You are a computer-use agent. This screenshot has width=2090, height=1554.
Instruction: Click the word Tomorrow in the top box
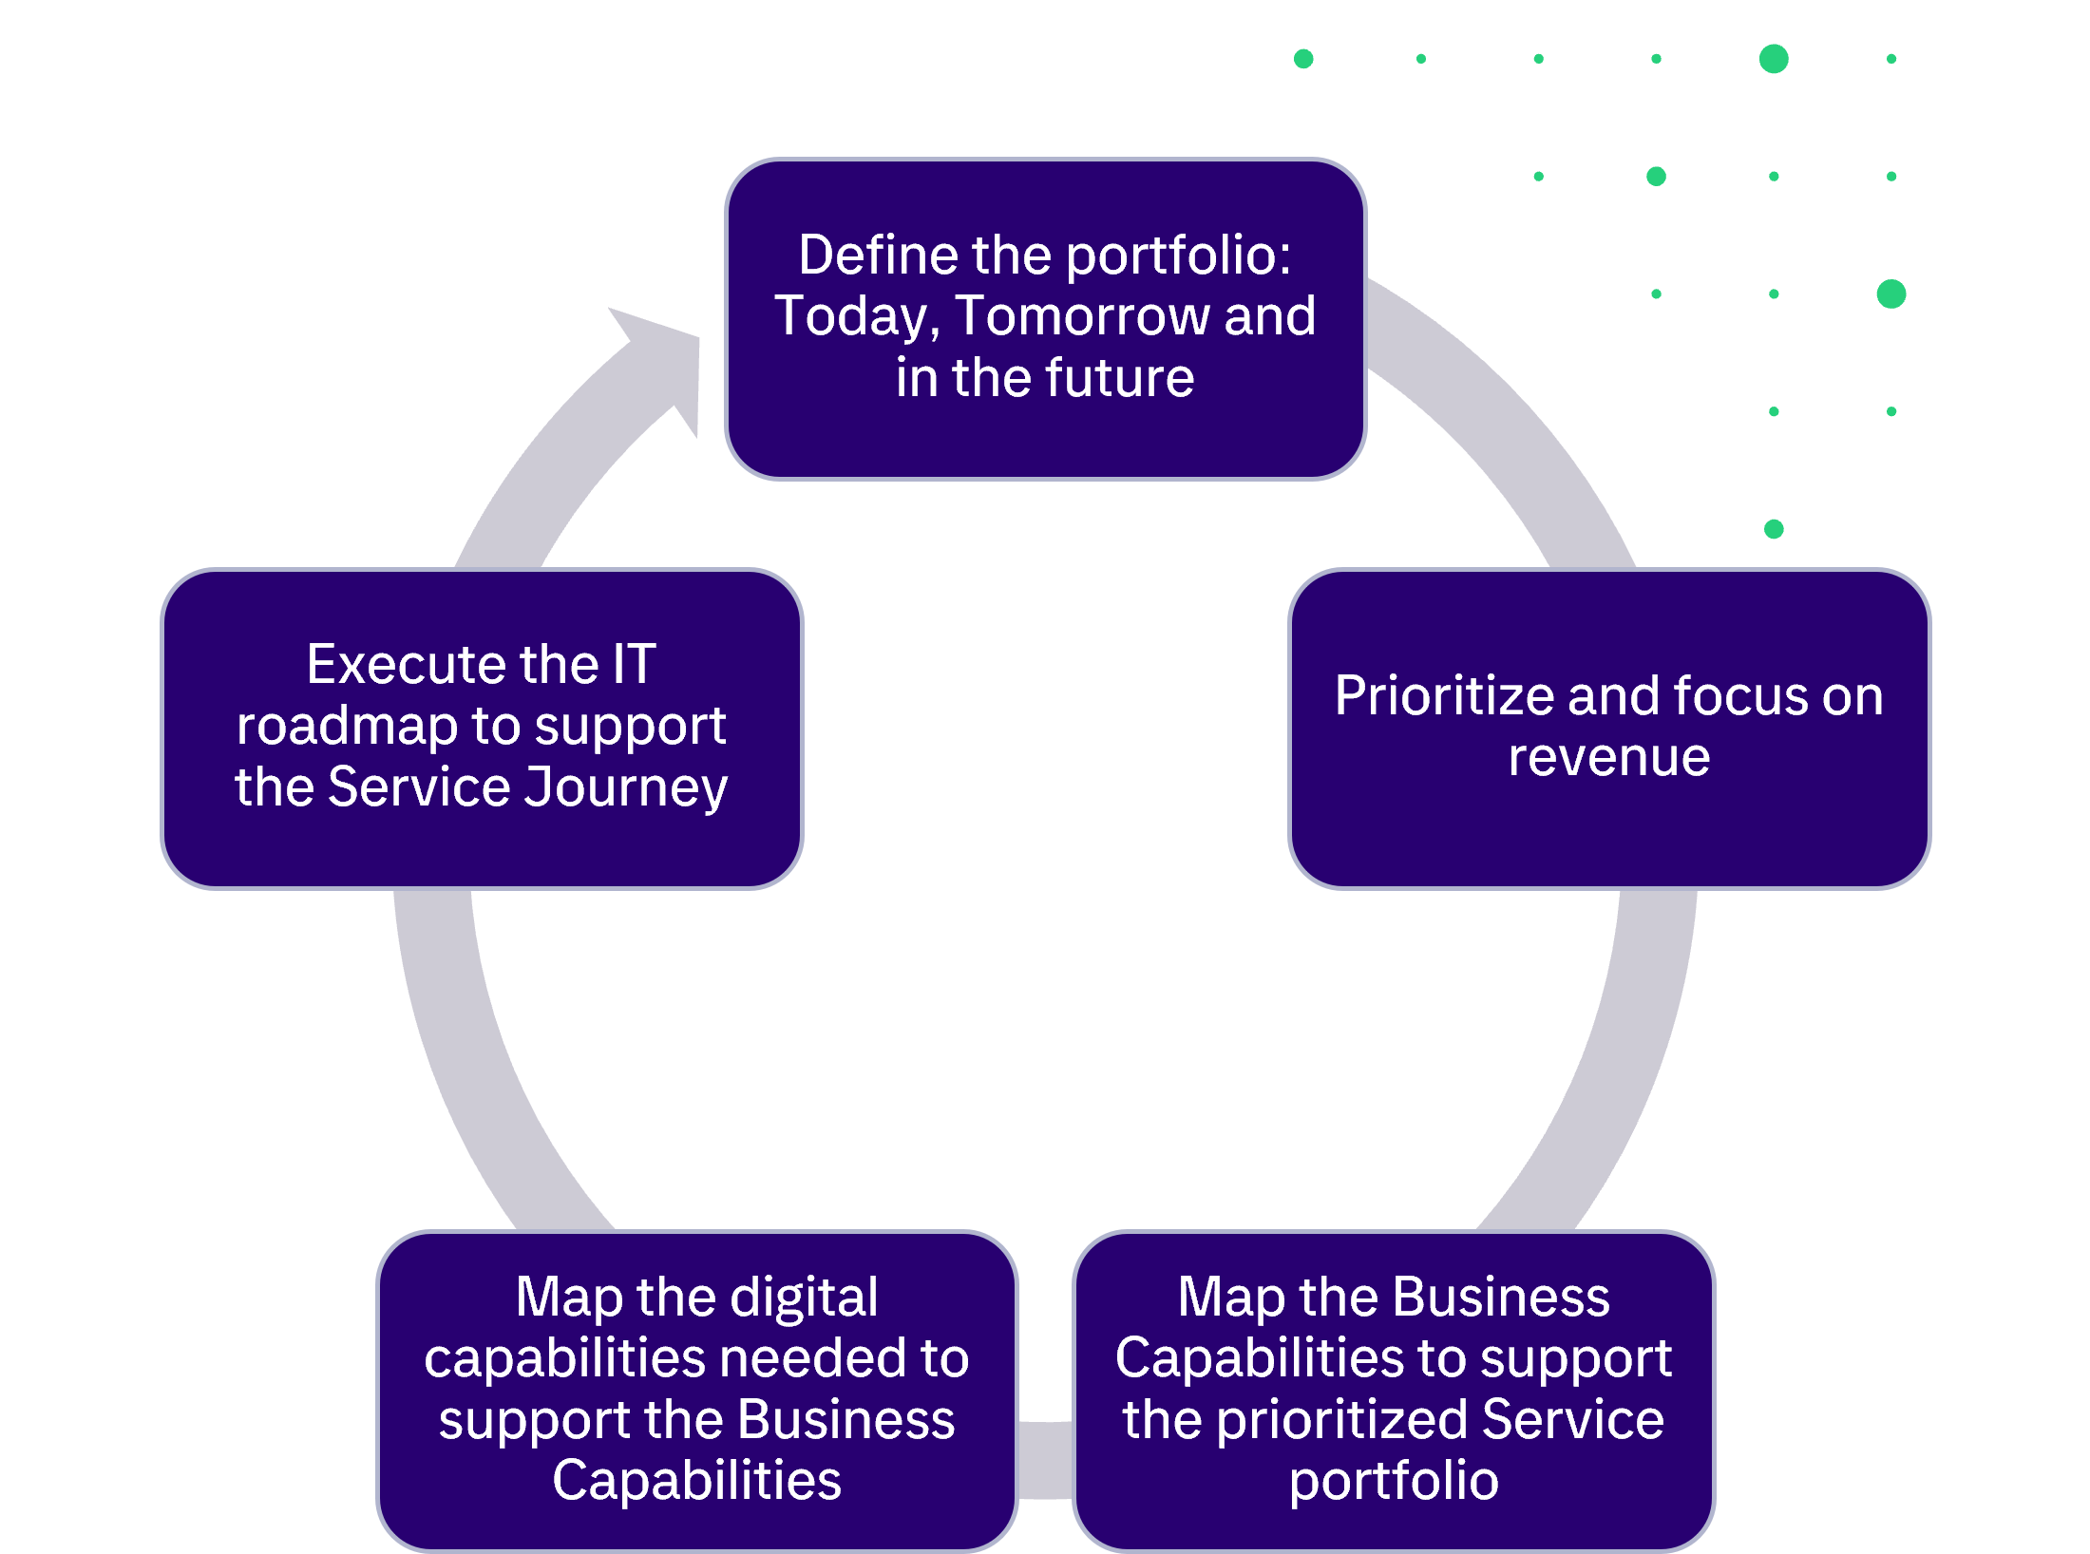click(1082, 316)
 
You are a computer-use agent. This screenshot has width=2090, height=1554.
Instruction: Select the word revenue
click(1609, 757)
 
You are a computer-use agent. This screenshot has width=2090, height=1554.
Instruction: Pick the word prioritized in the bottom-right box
click(1341, 1420)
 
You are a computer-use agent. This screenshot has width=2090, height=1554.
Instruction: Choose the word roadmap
click(348, 727)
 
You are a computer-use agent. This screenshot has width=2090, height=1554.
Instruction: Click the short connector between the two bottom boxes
click(1045, 1460)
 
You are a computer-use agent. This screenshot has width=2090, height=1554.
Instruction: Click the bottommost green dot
click(1774, 529)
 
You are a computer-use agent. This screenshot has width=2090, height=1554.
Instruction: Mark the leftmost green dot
click(1303, 59)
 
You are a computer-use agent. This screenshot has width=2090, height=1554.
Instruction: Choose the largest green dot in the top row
click(1774, 59)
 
